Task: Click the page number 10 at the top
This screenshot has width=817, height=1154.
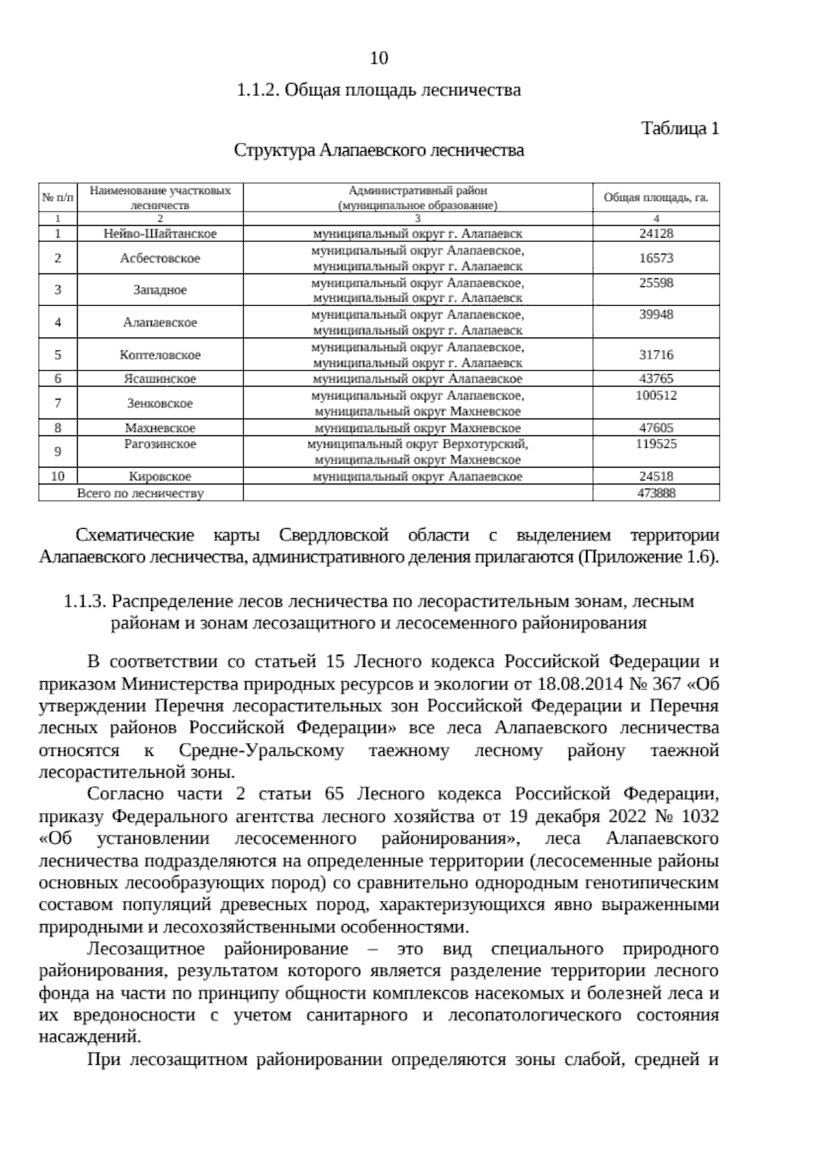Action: click(x=379, y=59)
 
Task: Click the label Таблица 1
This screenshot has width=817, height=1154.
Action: click(x=680, y=129)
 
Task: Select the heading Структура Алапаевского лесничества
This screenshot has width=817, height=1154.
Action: click(x=379, y=150)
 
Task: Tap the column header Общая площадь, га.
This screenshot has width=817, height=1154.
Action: click(x=656, y=198)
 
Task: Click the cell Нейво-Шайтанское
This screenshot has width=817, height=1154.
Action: click(x=160, y=233)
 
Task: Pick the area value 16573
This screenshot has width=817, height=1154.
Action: click(x=656, y=258)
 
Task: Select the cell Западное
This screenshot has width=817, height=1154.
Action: click(x=160, y=290)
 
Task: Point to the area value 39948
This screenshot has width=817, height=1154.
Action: click(x=656, y=315)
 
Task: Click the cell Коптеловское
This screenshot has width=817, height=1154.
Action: click(x=160, y=355)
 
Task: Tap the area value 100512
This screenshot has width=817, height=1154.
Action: click(x=656, y=395)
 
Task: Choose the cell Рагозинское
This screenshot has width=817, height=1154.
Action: click(x=160, y=444)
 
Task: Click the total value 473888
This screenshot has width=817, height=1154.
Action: click(x=656, y=493)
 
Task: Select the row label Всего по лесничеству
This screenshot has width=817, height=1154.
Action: click(x=141, y=493)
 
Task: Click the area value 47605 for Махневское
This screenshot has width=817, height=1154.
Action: click(x=656, y=428)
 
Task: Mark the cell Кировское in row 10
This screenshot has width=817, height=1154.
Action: click(x=160, y=477)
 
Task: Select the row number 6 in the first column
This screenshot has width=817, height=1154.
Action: click(x=58, y=379)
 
